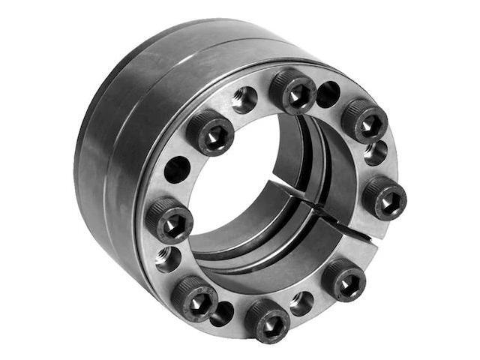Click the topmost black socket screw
pyautogui.click(x=293, y=91)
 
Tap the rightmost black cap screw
pyautogui.click(x=385, y=197)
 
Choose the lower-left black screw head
pyautogui.click(x=193, y=298)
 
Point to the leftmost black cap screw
pyautogui.click(x=169, y=220)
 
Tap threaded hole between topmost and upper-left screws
pyautogui.click(x=244, y=99)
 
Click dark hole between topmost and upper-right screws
pyautogui.click(x=328, y=94)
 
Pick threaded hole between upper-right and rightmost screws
pyautogui.click(x=376, y=154)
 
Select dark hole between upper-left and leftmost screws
pyautogui.click(x=177, y=170)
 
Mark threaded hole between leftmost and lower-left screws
pyautogui.click(x=168, y=259)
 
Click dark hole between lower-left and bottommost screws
pyautogui.click(x=222, y=313)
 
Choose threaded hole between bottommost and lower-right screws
pyautogui.click(x=302, y=302)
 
